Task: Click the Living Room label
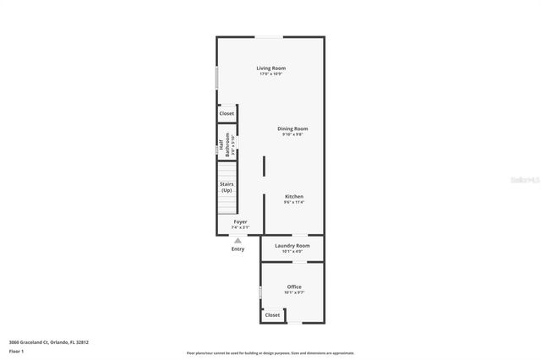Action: [271, 68]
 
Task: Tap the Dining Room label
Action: [292, 128]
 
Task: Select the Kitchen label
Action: [293, 196]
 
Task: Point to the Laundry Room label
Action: [292, 245]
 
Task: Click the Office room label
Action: [293, 286]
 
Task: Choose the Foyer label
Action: [241, 221]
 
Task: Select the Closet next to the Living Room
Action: [227, 113]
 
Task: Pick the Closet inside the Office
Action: [272, 315]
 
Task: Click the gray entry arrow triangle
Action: [238, 241]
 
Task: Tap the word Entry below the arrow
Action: [238, 249]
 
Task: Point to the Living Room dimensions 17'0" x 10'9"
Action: [271, 74]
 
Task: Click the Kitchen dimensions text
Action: [293, 202]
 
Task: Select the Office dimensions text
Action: [293, 292]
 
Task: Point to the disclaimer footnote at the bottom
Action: [270, 353]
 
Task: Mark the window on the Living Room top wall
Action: [270, 36]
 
